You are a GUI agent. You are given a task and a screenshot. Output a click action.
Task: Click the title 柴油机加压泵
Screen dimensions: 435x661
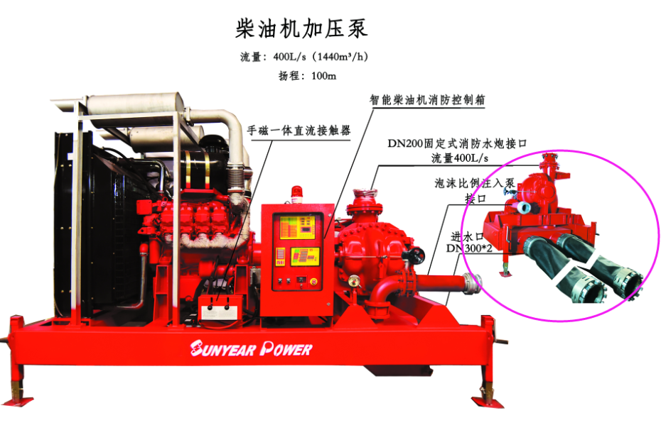(x=302, y=28)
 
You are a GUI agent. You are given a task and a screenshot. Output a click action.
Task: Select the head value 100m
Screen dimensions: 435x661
(x=323, y=76)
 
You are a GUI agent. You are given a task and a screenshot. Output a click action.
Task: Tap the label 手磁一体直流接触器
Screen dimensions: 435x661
(x=299, y=131)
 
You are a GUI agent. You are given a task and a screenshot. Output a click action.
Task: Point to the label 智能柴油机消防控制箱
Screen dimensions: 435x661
(x=426, y=100)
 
